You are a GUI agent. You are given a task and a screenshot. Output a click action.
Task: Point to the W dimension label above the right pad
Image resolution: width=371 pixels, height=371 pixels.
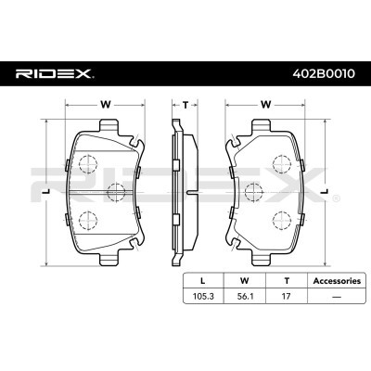pos(266,104)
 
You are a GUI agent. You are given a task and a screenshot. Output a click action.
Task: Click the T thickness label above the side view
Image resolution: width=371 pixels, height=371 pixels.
pos(185,104)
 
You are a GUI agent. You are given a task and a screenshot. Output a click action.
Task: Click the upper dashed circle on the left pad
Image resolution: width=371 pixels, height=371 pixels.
pos(88,164)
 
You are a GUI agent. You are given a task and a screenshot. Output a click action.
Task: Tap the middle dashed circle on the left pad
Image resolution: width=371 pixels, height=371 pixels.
pos(115,192)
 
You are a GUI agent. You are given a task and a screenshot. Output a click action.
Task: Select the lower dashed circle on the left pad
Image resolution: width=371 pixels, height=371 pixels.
pos(88,220)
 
